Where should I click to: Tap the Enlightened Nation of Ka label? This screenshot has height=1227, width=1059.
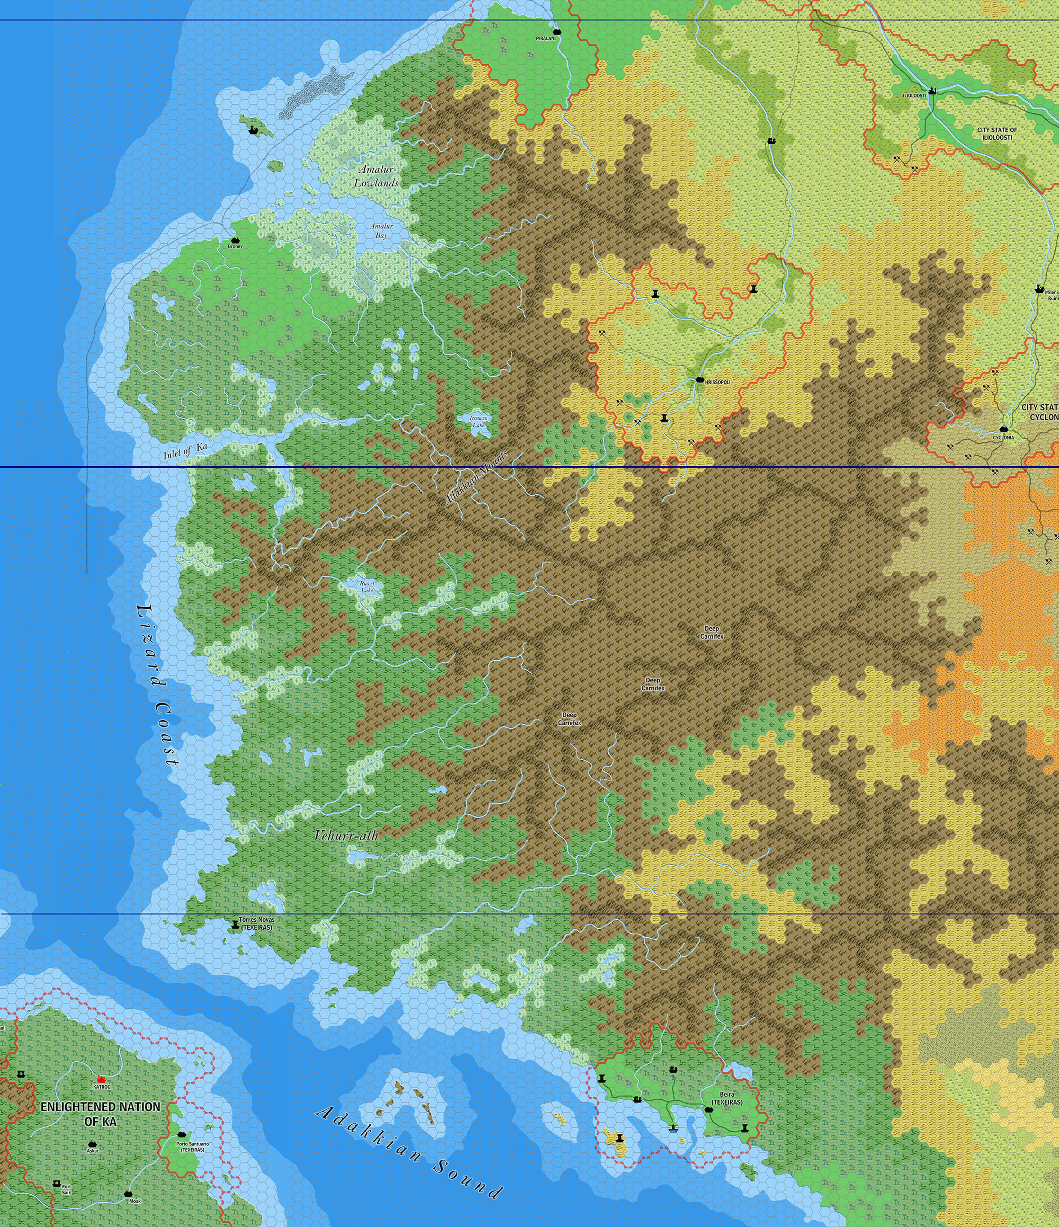coord(100,1113)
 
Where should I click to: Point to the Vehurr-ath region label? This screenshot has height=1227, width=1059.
coord(346,835)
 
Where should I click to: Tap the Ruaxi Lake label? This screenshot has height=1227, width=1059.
coord(367,586)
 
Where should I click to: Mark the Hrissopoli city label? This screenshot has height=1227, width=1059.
coord(717,383)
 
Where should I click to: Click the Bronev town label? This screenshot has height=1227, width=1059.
coord(235,246)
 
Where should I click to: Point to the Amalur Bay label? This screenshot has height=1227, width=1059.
coord(381,230)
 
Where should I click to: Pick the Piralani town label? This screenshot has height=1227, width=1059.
coord(546,38)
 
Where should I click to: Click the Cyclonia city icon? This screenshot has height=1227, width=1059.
coord(1004,429)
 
